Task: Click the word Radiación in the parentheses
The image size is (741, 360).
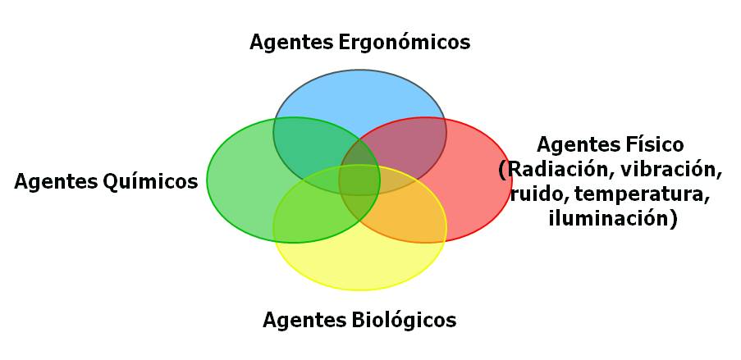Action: coord(556,170)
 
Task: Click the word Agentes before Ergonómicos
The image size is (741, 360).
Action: coord(292,43)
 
